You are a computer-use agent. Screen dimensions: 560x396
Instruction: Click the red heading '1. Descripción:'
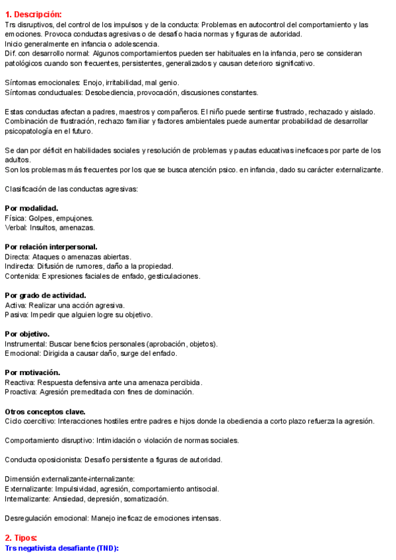point(33,15)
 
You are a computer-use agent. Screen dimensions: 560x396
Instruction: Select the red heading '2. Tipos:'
point(20,538)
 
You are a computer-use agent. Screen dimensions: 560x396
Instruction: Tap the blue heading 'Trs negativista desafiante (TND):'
point(61,548)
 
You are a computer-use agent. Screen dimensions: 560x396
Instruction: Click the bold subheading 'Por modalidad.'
point(31,208)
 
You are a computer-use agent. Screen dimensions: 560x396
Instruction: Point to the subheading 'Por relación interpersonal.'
point(51,247)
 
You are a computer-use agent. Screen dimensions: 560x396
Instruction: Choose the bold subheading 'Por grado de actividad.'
point(46,295)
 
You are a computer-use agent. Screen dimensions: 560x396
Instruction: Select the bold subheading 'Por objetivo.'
point(27,334)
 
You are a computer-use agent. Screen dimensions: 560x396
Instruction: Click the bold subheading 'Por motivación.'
point(32,372)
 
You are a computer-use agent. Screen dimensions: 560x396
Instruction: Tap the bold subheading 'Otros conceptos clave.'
point(45,411)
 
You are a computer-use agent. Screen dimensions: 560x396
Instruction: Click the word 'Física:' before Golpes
point(15,218)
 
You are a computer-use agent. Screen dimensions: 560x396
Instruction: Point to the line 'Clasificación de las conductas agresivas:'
point(71,189)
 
